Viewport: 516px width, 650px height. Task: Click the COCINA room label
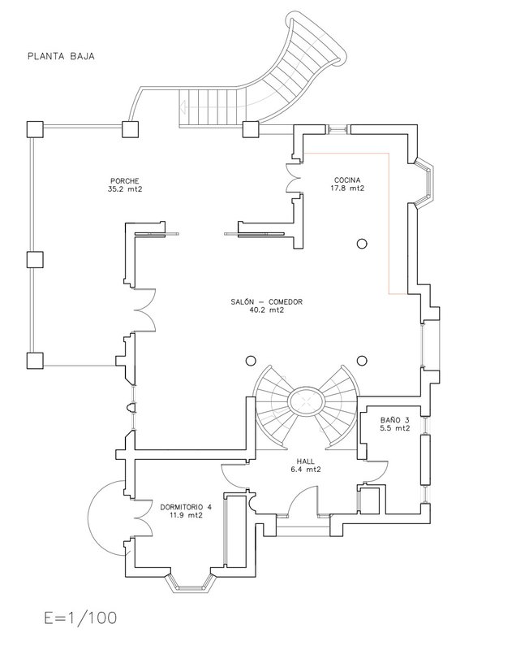pyautogui.click(x=346, y=180)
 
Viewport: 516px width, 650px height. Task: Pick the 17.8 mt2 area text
pyautogui.click(x=346, y=188)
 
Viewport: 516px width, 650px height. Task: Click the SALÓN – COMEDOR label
pyautogui.click(x=266, y=301)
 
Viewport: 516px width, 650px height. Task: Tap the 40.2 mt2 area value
pyautogui.click(x=266, y=310)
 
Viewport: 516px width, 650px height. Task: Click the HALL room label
pyautogui.click(x=306, y=461)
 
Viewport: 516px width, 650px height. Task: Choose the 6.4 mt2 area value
pyautogui.click(x=306, y=470)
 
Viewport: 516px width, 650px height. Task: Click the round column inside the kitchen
pyautogui.click(x=362, y=242)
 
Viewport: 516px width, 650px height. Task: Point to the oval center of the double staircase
pyautogui.click(x=306, y=401)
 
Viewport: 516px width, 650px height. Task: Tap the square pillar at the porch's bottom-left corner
pyautogui.click(x=33, y=361)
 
